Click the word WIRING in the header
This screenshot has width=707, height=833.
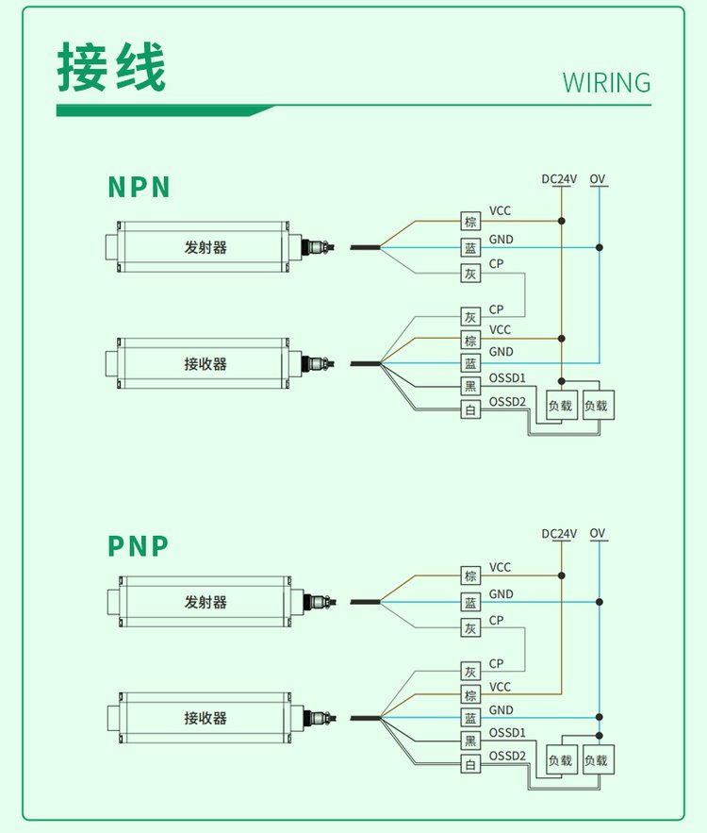606,82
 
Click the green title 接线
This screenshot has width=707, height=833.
111,68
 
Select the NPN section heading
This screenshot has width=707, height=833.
139,187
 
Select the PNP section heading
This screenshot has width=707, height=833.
139,545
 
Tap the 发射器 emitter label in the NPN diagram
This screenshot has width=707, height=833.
206,248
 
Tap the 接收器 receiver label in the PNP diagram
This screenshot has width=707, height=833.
206,718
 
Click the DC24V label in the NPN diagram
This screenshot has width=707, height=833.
559,178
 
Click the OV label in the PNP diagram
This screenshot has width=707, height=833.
598,534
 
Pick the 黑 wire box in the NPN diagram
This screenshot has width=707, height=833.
470,386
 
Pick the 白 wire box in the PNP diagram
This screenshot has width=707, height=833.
470,764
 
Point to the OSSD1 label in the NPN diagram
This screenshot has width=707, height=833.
507,379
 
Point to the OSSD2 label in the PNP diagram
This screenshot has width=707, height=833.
507,756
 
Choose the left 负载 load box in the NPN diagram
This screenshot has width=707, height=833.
560,407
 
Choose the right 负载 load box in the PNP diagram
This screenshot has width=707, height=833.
596,760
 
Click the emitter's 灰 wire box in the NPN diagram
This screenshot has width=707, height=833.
470,274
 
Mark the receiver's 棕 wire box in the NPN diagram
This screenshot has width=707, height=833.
470,340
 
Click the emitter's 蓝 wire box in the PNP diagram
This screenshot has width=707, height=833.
470,602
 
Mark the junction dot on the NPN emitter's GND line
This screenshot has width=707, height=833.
599,248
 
